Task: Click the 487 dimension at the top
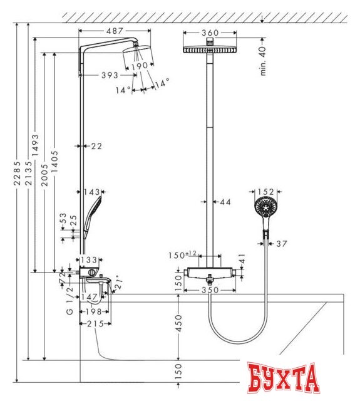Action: coord(115,31)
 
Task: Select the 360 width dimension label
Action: coord(210,33)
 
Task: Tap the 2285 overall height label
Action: coord(17,173)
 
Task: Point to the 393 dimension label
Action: coord(110,75)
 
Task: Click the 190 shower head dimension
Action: coord(140,66)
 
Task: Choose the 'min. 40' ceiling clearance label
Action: coord(263,61)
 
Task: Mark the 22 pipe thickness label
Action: coord(96,146)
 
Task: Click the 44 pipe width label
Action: coord(225,202)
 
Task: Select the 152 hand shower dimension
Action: coord(265,192)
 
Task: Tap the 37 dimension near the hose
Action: coord(282,244)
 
